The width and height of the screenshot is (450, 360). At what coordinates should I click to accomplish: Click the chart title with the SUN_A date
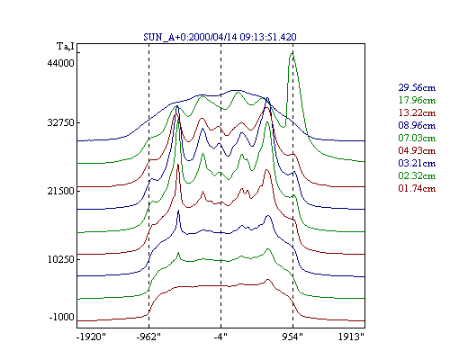click(x=220, y=37)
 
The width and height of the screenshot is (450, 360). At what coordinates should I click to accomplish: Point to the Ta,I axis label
click(x=66, y=47)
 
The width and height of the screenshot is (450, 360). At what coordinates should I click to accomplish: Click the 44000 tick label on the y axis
click(x=60, y=63)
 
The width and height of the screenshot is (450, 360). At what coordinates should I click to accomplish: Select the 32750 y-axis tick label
click(x=60, y=122)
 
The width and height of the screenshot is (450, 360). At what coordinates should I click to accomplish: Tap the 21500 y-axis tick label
click(x=60, y=191)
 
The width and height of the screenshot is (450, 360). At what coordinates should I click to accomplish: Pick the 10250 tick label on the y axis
click(x=60, y=259)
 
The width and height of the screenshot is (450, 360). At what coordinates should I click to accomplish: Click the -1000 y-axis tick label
click(x=61, y=317)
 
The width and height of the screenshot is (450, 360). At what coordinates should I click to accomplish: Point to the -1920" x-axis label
click(x=92, y=337)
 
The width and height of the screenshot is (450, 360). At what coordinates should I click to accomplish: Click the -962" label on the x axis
click(x=148, y=337)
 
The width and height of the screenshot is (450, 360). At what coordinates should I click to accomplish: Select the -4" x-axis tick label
click(x=220, y=337)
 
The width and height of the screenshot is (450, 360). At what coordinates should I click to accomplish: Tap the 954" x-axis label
click(x=292, y=337)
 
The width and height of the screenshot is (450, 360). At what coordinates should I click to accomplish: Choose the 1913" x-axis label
click(x=351, y=337)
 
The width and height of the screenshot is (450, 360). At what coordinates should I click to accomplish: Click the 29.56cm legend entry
click(x=417, y=87)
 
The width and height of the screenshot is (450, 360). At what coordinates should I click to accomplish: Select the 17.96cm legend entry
click(x=417, y=100)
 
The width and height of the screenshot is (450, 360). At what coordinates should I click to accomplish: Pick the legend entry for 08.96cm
click(x=417, y=125)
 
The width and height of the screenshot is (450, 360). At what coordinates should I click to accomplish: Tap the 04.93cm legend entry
click(x=417, y=150)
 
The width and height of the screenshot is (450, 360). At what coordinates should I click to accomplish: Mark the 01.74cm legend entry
click(x=417, y=188)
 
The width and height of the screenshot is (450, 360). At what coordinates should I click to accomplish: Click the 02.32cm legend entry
click(x=417, y=175)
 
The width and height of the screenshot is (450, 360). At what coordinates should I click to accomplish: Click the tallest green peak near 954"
click(x=292, y=53)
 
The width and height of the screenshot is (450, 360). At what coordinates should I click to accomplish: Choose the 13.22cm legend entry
click(x=417, y=112)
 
